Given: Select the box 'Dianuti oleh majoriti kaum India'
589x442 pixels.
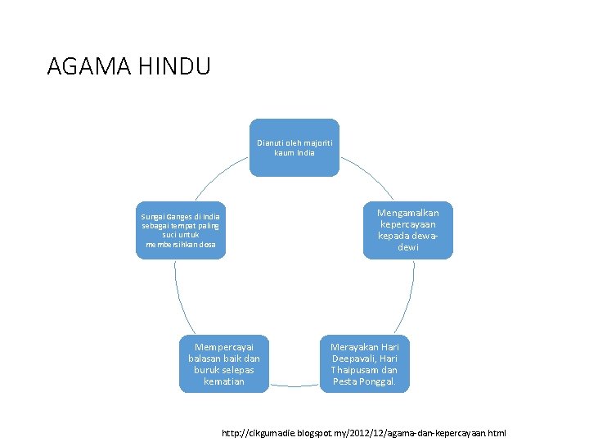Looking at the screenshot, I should tap(294, 147).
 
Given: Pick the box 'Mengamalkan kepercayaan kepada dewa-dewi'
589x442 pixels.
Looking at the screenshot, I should tap(407, 230).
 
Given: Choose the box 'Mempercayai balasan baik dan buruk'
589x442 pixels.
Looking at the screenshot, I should tap(223, 364).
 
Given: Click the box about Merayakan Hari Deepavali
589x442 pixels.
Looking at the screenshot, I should tap(364, 364).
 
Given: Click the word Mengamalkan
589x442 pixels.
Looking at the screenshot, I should tap(407, 213).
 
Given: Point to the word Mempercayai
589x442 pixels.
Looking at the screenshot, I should tap(224, 346).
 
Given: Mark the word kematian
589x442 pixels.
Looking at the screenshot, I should tap(223, 381).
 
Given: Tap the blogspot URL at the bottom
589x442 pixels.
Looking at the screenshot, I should tap(364, 431).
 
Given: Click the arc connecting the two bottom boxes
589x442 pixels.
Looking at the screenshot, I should tap(294, 384).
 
